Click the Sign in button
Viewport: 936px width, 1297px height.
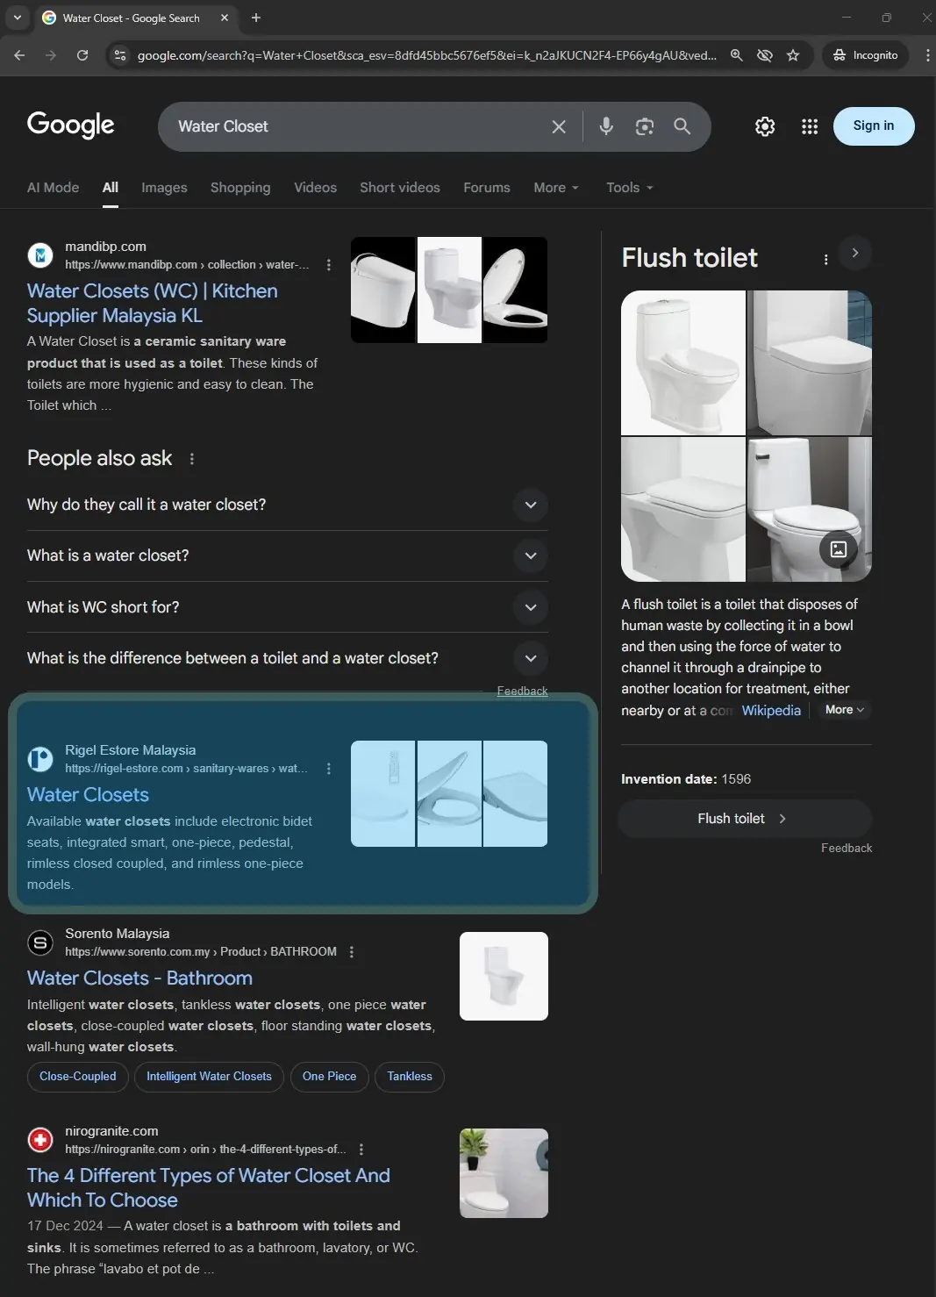click(x=874, y=125)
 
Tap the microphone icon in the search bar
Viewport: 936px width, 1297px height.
click(x=605, y=125)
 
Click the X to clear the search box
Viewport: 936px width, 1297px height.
click(x=559, y=126)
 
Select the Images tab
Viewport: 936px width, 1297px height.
click(x=164, y=188)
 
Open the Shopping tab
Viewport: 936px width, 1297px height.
click(x=240, y=188)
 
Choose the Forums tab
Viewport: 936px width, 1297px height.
click(x=486, y=188)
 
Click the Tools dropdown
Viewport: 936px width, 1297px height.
click(x=629, y=188)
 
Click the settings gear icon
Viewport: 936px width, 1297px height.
click(x=765, y=126)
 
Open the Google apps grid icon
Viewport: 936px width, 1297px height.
click(x=809, y=126)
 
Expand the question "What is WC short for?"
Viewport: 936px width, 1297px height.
click(x=530, y=606)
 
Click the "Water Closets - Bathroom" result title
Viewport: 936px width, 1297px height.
click(x=139, y=978)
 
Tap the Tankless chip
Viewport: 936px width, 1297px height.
click(x=410, y=1077)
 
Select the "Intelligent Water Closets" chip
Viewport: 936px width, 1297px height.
click(x=209, y=1077)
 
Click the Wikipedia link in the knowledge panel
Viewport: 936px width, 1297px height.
click(x=771, y=711)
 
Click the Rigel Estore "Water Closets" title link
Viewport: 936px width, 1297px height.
click(x=88, y=794)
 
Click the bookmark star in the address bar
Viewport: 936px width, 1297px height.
click(x=792, y=55)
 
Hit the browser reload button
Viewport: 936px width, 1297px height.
click(x=82, y=55)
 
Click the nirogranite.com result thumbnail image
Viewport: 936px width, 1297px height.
click(x=504, y=1173)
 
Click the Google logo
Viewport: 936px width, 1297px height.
click(x=71, y=125)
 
